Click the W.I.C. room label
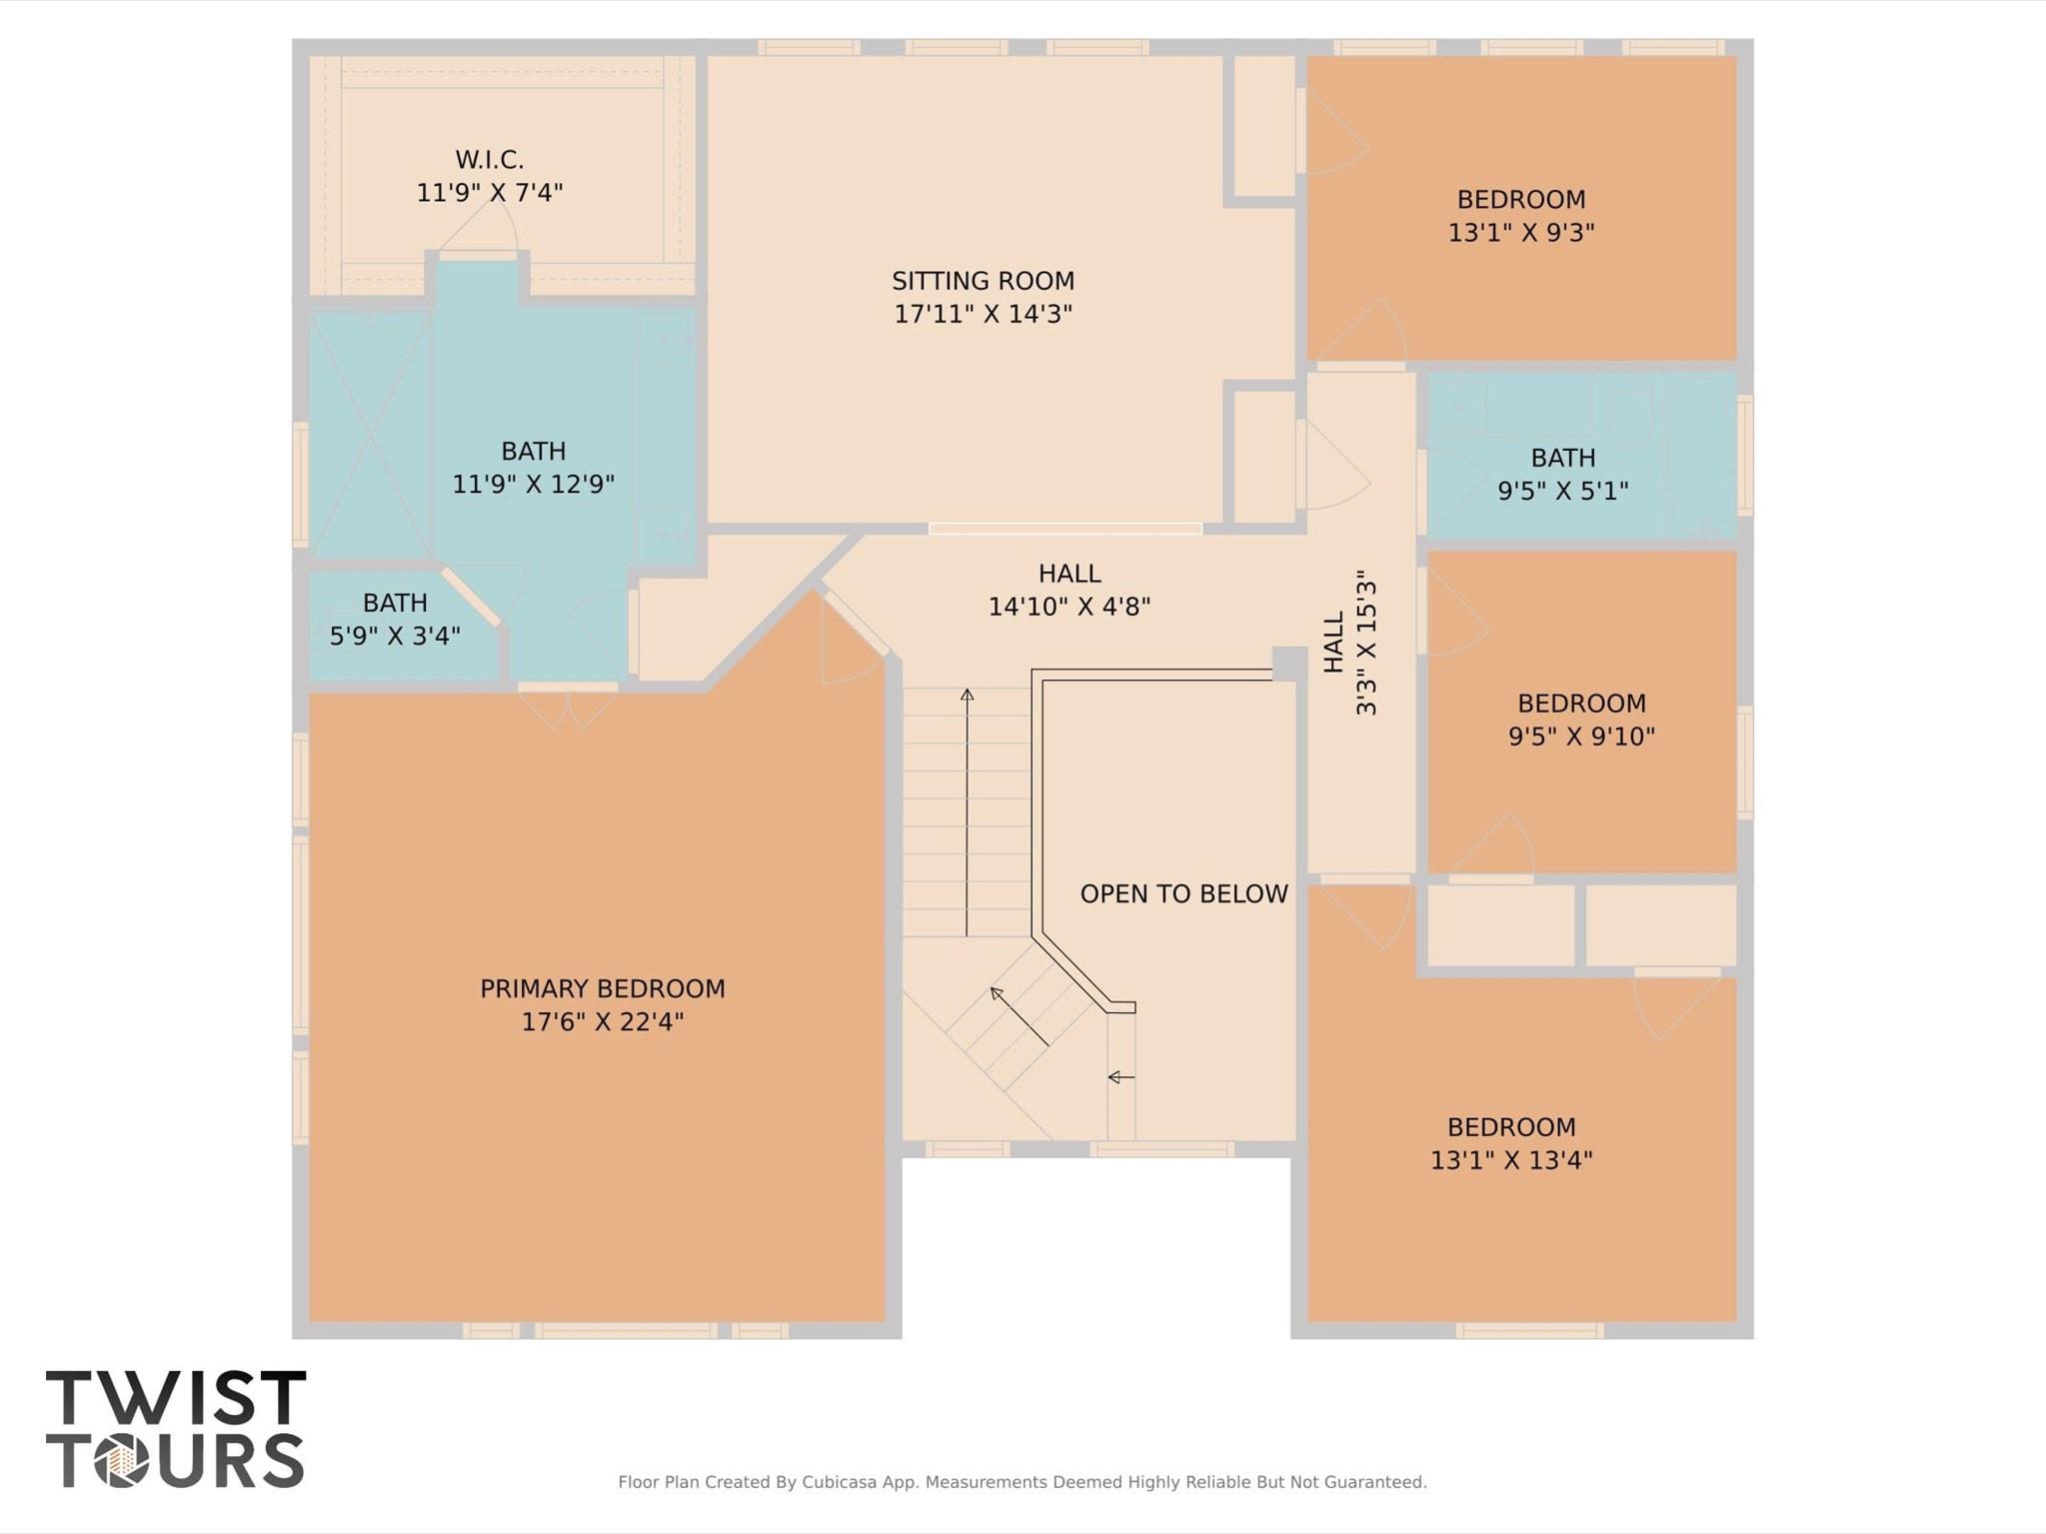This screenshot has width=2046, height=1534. point(489,160)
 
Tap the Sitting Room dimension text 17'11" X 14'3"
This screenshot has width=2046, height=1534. point(983,314)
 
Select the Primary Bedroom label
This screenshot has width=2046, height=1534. point(602,988)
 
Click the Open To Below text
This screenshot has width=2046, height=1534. point(1183,893)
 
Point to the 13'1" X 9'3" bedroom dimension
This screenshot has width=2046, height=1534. point(1520,232)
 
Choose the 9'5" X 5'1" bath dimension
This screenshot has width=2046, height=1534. point(1562,491)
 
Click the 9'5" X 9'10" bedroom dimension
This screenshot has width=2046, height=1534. point(1580,737)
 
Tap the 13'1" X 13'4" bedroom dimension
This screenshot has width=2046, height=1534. point(1510,1160)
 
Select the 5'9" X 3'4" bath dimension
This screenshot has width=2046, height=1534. point(395,636)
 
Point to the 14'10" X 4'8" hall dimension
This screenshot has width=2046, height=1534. point(1068,607)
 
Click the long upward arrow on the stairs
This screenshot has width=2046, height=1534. point(967,809)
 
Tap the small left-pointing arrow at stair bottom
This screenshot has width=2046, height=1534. point(1120,1076)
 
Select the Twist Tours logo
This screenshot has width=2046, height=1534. point(175,1429)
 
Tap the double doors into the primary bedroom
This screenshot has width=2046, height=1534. point(568,704)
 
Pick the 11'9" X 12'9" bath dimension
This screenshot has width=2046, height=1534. point(533,484)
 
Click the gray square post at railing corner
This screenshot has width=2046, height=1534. point(1288,663)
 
